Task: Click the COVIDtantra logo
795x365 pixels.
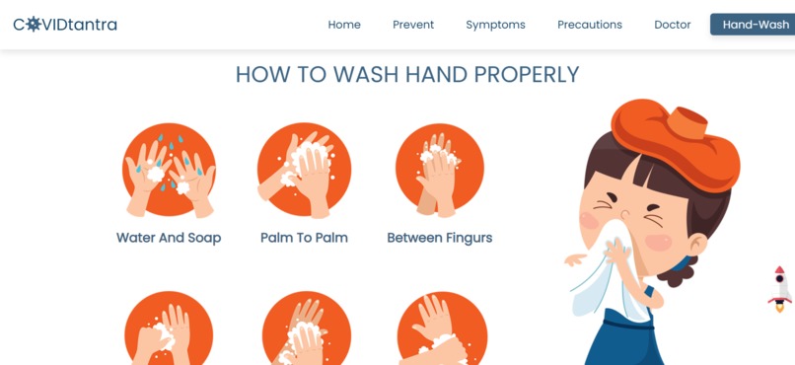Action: (x=65, y=25)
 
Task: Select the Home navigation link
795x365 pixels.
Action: (x=344, y=25)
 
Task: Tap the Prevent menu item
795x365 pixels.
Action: (x=413, y=25)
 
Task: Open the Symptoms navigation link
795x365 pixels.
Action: (x=495, y=25)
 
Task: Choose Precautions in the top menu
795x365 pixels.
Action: (x=590, y=25)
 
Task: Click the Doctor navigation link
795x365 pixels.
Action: (x=673, y=25)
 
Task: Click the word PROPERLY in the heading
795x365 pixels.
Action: (x=527, y=75)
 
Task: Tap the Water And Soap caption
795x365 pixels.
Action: (x=169, y=238)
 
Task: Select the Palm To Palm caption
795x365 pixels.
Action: (x=304, y=238)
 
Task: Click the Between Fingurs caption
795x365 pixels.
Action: (x=440, y=238)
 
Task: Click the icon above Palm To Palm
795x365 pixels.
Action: (x=304, y=171)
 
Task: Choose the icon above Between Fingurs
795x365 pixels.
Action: (x=440, y=171)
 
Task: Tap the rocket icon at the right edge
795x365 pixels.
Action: (x=780, y=289)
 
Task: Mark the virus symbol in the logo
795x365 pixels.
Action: (x=34, y=25)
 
